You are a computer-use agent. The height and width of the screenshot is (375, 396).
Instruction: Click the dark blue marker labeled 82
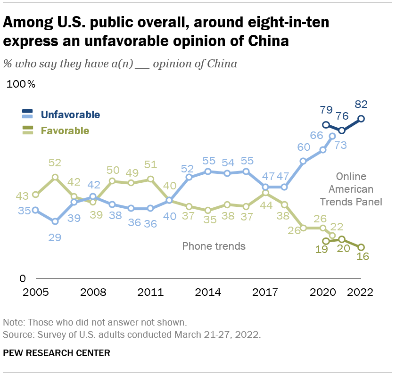(x=362, y=119)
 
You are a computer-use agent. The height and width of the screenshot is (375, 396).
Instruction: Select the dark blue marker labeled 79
(x=326, y=125)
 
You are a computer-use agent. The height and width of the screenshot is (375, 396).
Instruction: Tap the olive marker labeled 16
(x=362, y=247)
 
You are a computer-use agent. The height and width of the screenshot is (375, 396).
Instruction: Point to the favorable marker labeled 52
(x=55, y=177)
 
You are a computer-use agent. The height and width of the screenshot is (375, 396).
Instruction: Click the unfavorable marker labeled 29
(x=55, y=221)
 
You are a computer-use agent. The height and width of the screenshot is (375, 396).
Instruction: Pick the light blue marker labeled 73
(x=332, y=136)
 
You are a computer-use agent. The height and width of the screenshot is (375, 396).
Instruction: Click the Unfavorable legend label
(x=70, y=114)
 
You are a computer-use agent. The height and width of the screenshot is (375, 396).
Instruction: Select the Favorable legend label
(x=65, y=130)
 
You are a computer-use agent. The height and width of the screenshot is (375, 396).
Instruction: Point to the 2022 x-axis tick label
(x=360, y=292)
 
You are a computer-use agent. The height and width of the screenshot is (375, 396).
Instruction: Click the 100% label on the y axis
(x=21, y=85)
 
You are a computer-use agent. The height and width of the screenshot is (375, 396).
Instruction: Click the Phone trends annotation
(x=214, y=246)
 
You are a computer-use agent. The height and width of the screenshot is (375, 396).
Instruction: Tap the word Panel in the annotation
(x=370, y=202)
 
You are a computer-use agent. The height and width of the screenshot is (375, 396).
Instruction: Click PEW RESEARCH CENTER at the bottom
(x=57, y=352)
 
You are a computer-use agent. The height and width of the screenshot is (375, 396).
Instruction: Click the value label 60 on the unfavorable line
(x=304, y=147)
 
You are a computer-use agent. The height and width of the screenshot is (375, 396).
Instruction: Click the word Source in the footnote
(x=16, y=334)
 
